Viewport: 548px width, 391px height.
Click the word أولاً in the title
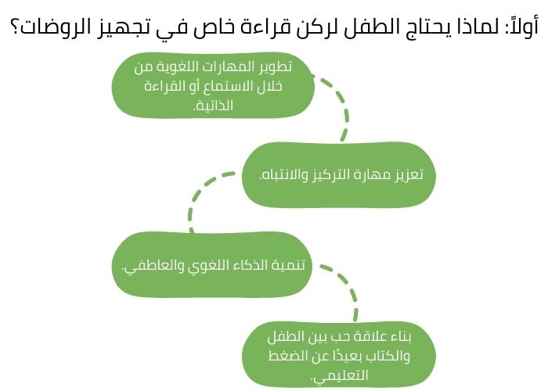point(517,29)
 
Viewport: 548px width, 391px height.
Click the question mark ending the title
point(16,29)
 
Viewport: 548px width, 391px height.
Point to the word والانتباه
point(283,174)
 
